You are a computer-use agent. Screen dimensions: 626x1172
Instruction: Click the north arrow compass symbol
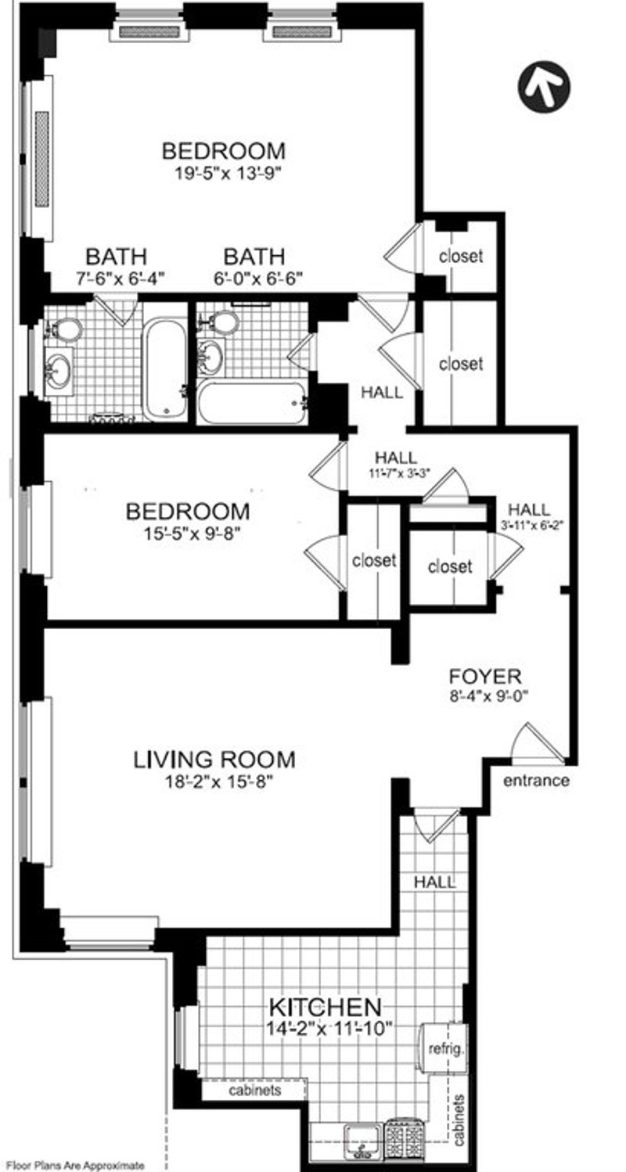(x=545, y=85)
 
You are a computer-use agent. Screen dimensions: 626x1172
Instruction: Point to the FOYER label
(x=485, y=677)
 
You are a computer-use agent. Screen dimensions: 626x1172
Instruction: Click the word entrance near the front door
(x=536, y=781)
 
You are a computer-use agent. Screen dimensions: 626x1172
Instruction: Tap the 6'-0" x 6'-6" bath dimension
(x=258, y=279)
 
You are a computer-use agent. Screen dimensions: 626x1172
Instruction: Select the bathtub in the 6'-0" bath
(x=252, y=403)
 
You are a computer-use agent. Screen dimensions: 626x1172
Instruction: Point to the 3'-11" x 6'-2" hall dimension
(x=529, y=525)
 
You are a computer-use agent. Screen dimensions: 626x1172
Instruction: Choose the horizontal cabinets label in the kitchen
(x=255, y=1090)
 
